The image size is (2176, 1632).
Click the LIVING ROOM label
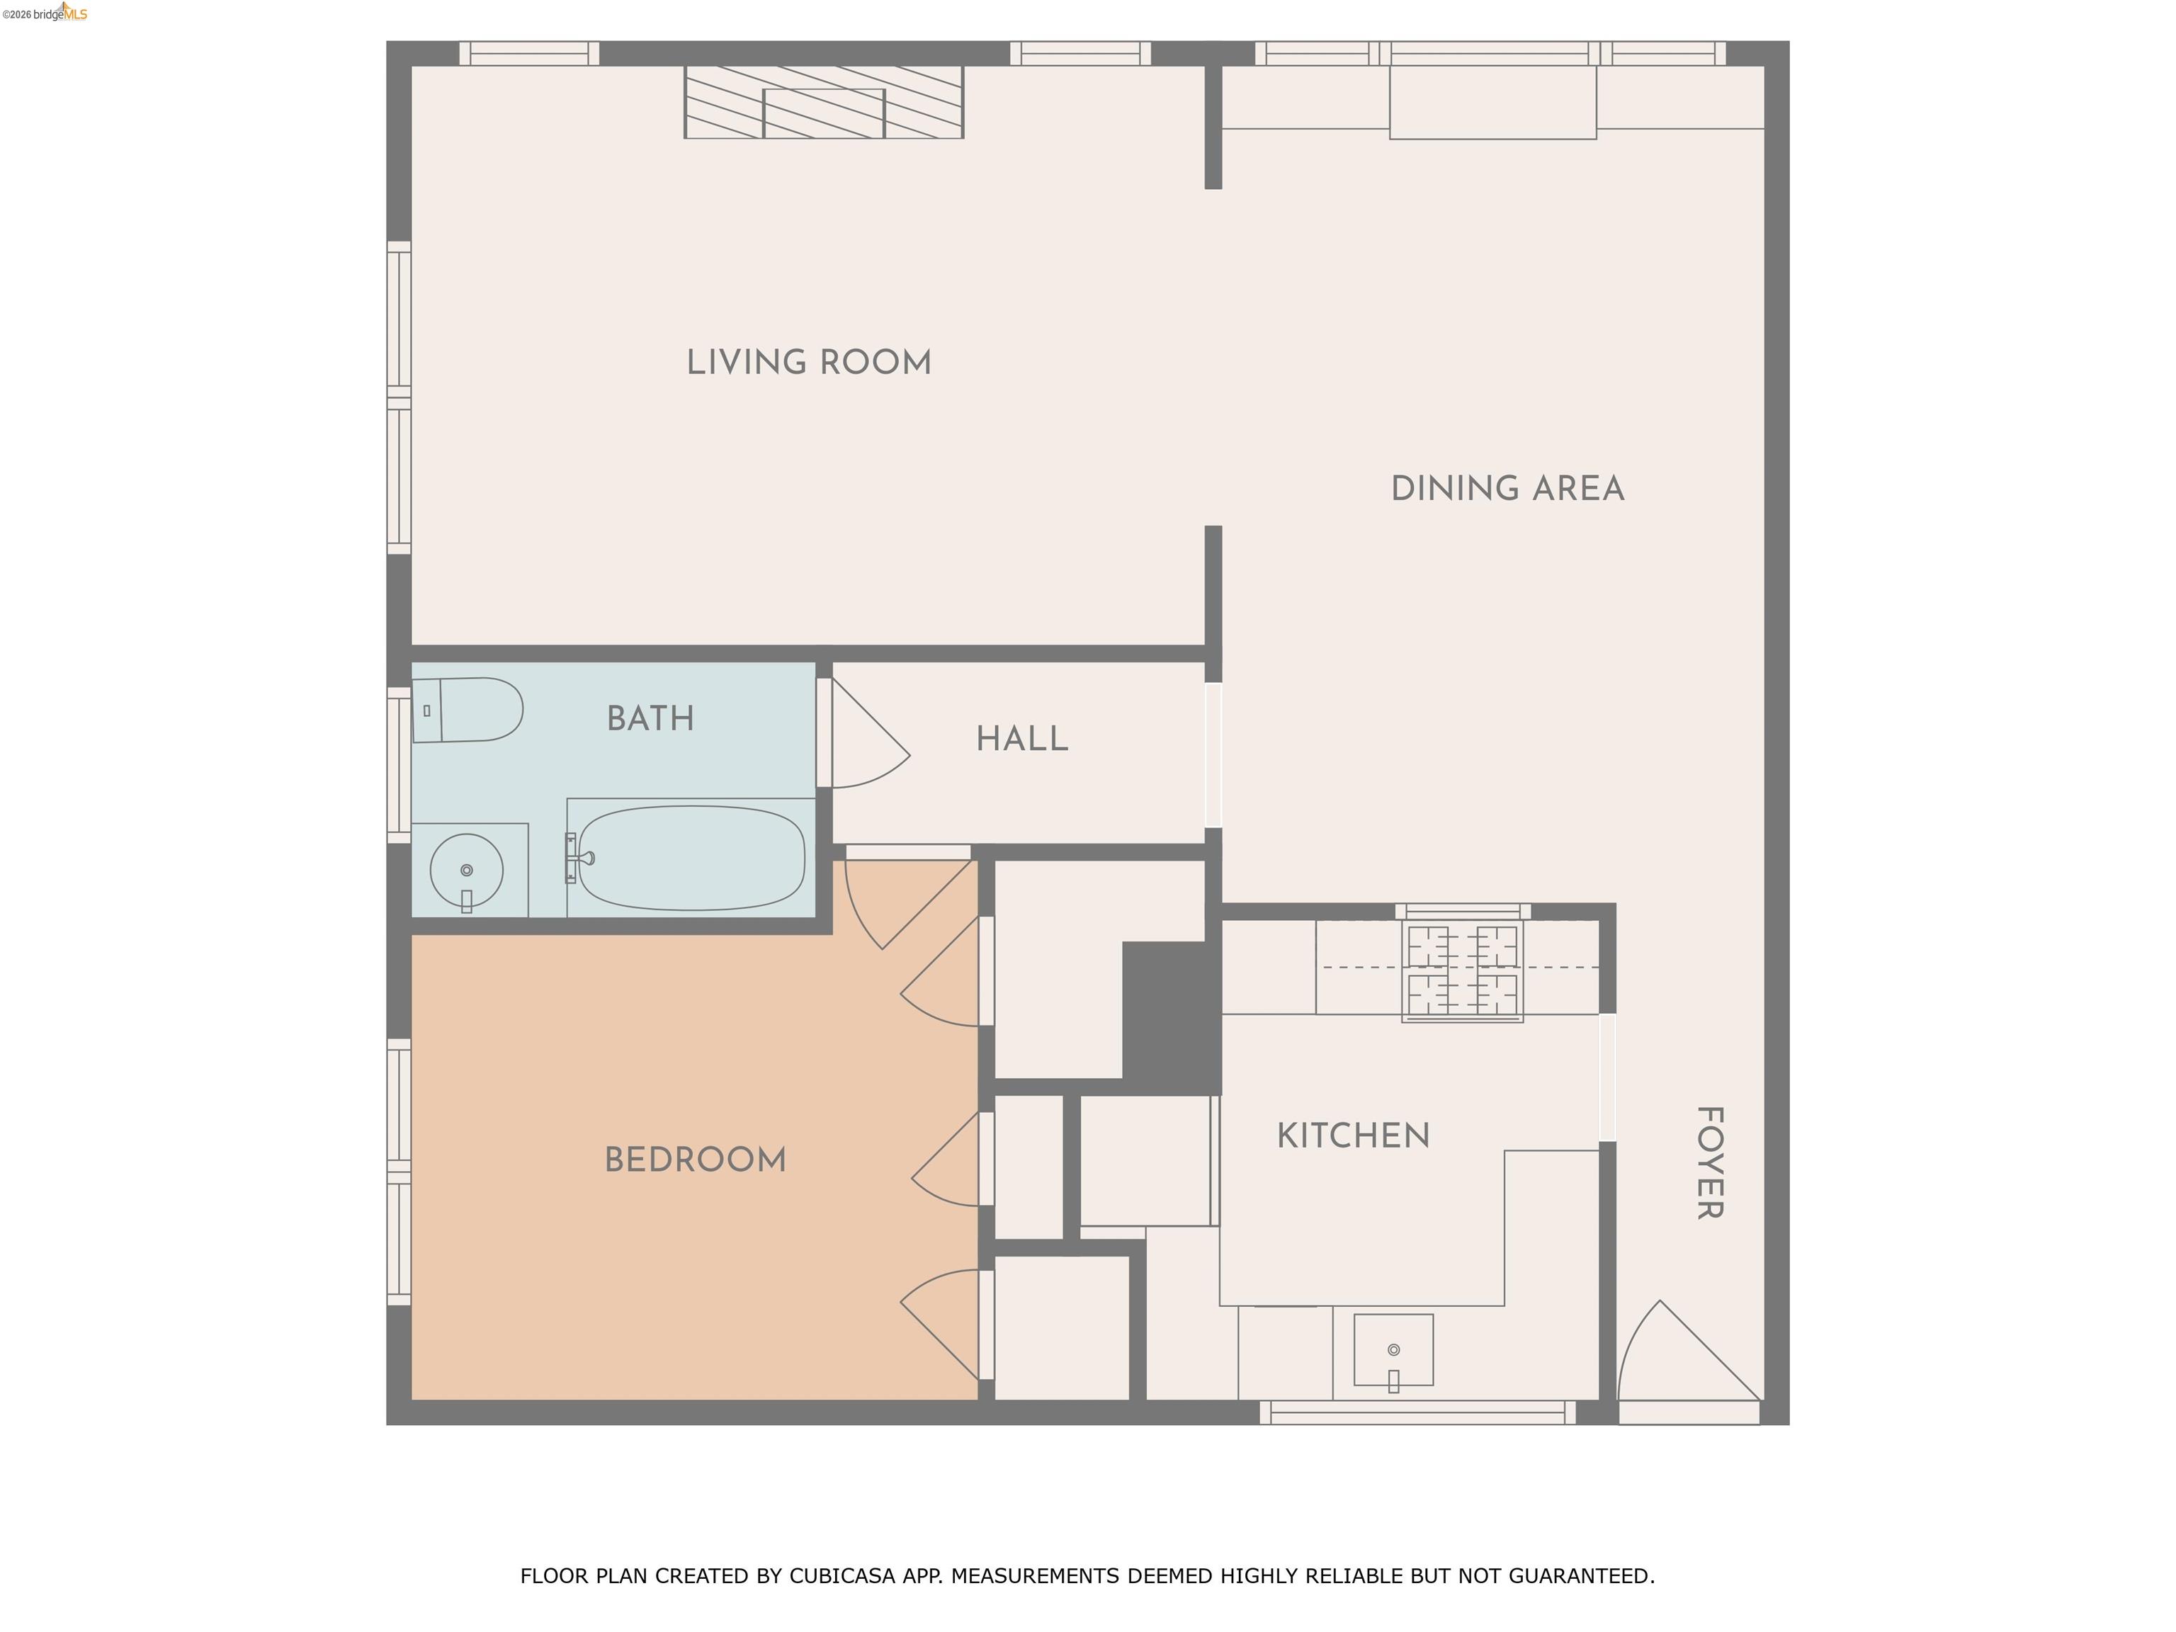(809, 363)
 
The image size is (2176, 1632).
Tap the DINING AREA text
(1507, 489)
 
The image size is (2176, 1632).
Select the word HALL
(1021, 739)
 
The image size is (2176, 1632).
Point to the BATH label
(650, 719)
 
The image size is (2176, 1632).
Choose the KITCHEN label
(1353, 1136)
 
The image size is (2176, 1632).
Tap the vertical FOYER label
(1710, 1163)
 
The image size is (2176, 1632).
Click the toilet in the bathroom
(468, 709)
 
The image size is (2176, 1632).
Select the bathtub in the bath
(691, 858)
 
